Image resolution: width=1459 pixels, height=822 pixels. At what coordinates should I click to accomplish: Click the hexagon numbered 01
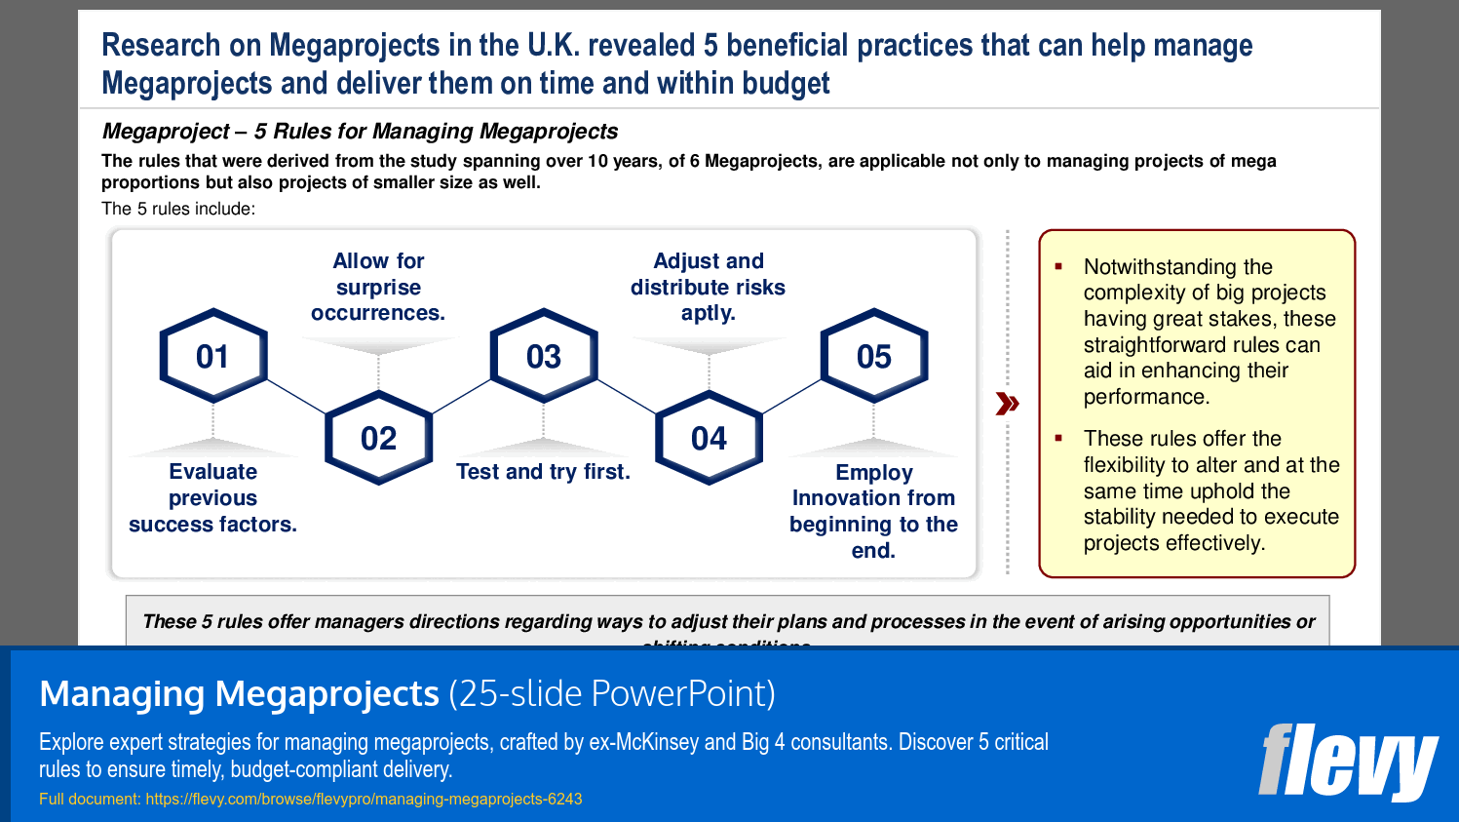pos(212,356)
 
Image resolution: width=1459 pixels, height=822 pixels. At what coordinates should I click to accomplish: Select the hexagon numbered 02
pos(378,438)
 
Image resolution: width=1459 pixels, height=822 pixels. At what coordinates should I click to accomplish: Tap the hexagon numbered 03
pos(543,356)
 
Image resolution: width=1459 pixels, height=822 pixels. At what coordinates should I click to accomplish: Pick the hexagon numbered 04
pos(709,438)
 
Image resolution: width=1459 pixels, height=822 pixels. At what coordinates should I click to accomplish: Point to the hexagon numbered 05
pos(874,356)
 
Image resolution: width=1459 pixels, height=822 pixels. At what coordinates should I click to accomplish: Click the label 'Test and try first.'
pos(543,472)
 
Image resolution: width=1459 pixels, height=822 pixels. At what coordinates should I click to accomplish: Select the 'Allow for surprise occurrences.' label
pos(378,287)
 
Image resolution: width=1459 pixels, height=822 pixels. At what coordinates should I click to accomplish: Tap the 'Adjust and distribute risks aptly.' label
pos(708,287)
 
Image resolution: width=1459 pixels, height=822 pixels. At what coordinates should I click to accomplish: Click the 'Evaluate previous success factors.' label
pos(212,497)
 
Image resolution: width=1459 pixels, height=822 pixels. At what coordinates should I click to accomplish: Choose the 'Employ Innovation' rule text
pos(873,511)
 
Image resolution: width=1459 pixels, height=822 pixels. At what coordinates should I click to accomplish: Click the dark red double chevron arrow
pos(1007,404)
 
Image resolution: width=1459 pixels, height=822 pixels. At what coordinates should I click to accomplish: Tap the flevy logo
pos(1347,762)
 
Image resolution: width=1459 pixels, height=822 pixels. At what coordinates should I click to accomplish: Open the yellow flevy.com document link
pos(364,800)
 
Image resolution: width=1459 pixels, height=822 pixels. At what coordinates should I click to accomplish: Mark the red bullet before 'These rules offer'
pos(1058,439)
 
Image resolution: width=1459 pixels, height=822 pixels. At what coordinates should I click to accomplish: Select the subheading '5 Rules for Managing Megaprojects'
pos(436,132)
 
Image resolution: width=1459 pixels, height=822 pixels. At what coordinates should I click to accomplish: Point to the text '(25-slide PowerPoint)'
pos(612,693)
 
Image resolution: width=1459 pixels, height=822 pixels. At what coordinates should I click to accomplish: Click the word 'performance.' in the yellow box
pos(1146,397)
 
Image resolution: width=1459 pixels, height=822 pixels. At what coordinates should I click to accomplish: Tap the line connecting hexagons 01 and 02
pos(296,397)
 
